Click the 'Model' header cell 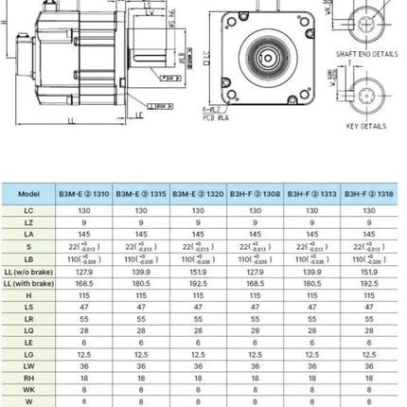pos(29,193)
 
